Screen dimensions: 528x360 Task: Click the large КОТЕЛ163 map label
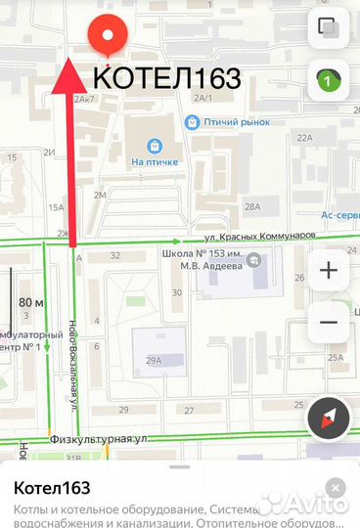tap(167, 78)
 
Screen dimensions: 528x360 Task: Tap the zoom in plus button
tap(328, 271)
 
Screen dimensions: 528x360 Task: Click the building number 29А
tap(154, 361)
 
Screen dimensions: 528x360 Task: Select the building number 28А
tap(252, 206)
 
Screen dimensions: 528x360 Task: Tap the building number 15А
tap(56, 206)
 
